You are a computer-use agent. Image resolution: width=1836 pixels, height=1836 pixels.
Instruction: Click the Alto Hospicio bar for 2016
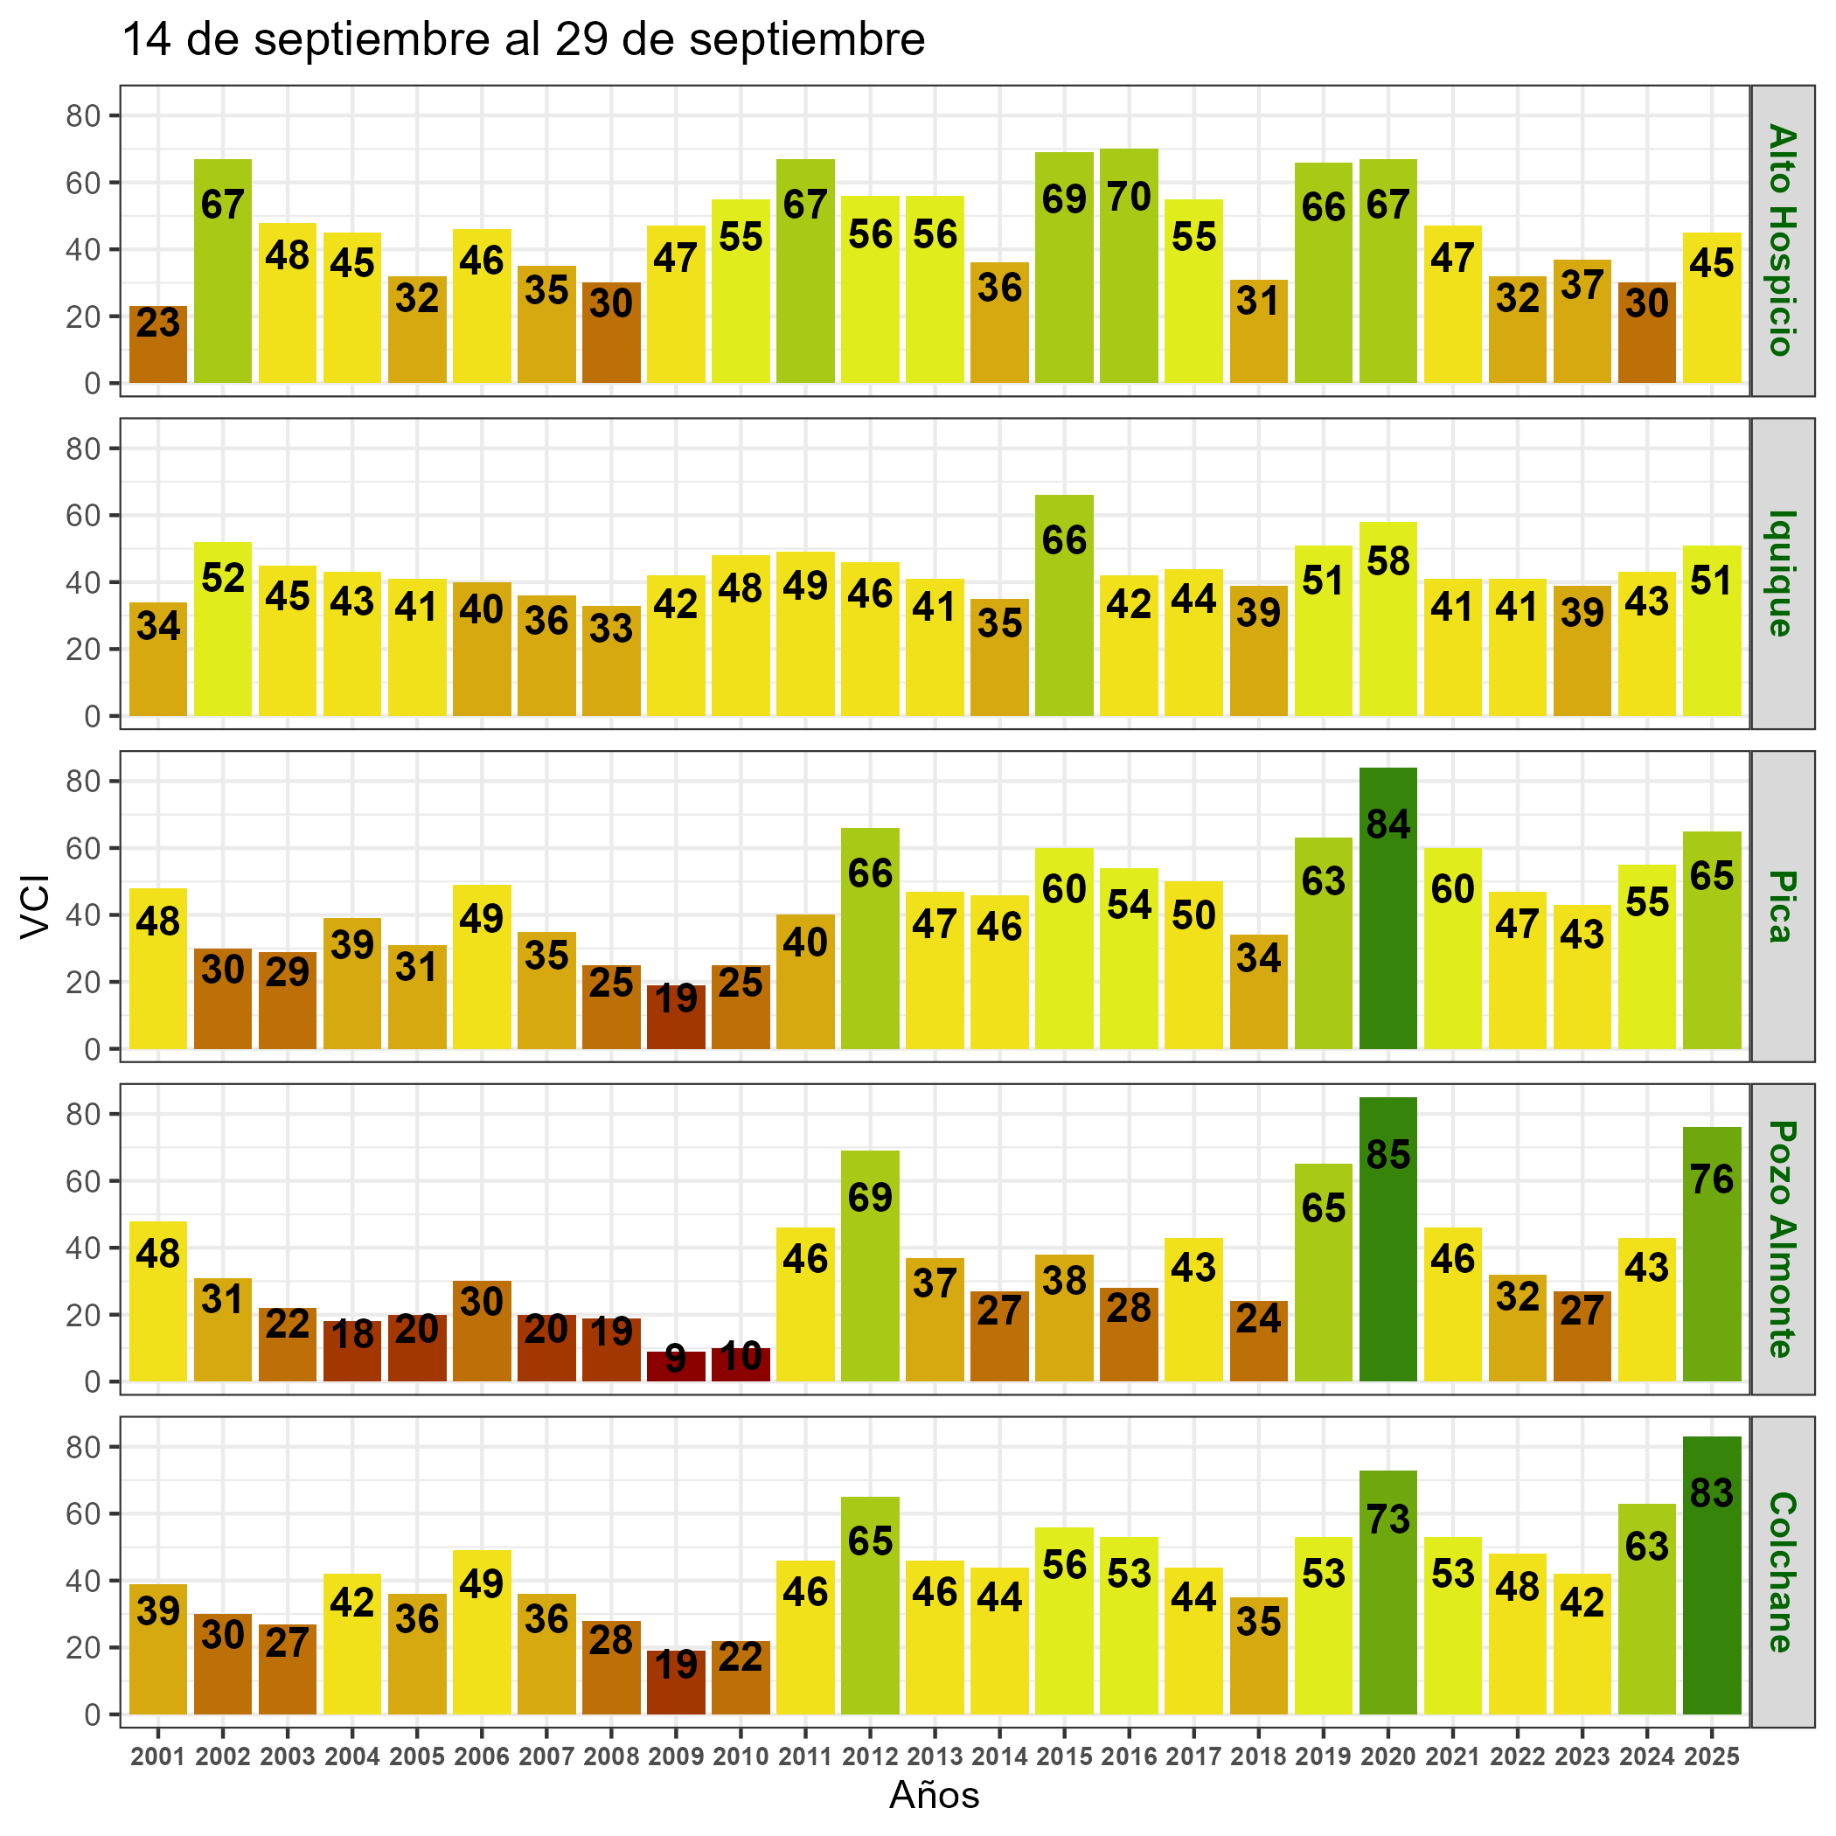(x=1128, y=266)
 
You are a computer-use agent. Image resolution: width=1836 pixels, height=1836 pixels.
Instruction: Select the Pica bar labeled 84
(x=1387, y=908)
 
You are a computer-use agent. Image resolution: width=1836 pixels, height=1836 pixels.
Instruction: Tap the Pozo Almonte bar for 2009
(x=676, y=1366)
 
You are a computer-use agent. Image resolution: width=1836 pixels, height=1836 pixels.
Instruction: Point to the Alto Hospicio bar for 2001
(x=157, y=344)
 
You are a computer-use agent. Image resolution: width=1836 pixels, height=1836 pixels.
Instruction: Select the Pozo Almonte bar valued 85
(x=1387, y=1239)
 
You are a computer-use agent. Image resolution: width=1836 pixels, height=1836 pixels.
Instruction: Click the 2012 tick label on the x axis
(x=871, y=1756)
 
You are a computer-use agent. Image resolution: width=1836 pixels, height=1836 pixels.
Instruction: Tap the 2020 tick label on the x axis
(x=1387, y=1756)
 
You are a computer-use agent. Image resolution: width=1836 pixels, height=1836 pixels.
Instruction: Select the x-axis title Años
(x=934, y=1795)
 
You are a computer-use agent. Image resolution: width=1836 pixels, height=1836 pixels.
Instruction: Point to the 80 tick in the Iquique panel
(x=84, y=449)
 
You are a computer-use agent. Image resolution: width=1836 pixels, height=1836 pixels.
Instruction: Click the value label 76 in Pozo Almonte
(x=1712, y=1179)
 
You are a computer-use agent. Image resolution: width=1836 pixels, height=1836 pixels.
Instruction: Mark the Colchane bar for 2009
(x=676, y=1682)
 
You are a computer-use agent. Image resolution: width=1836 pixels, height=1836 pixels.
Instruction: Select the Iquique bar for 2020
(x=1387, y=619)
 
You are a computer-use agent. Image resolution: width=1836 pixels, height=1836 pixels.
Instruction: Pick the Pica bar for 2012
(x=871, y=938)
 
